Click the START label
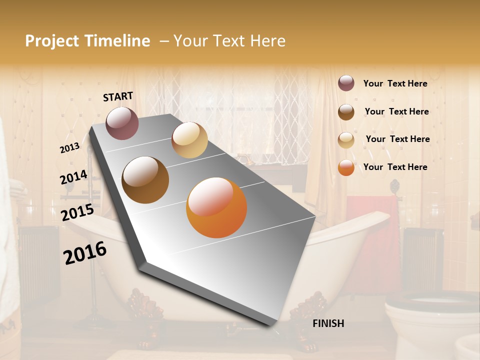[x=118, y=96]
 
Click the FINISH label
[x=328, y=323]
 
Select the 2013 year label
[x=69, y=148]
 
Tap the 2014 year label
[x=73, y=177]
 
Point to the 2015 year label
[x=77, y=212]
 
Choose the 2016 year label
[x=85, y=252]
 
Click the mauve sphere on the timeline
[x=122, y=123]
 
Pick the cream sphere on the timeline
[x=189, y=140]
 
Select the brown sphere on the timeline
[x=145, y=180]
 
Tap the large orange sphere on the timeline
[x=216, y=207]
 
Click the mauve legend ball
[x=346, y=83]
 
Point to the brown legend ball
[x=346, y=112]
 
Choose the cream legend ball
[x=346, y=140]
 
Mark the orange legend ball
[x=346, y=167]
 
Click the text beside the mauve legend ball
[x=395, y=83]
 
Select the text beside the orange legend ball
[x=395, y=167]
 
